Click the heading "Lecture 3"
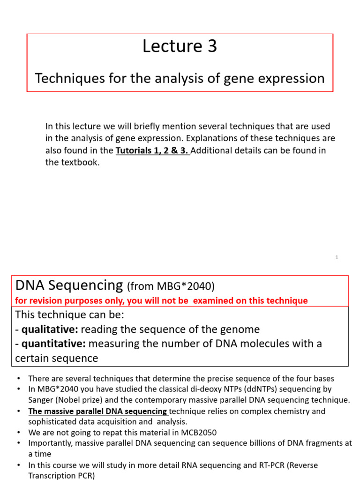180,46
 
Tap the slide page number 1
337,257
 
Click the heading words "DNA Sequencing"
69,285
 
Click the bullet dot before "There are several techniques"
18,378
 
